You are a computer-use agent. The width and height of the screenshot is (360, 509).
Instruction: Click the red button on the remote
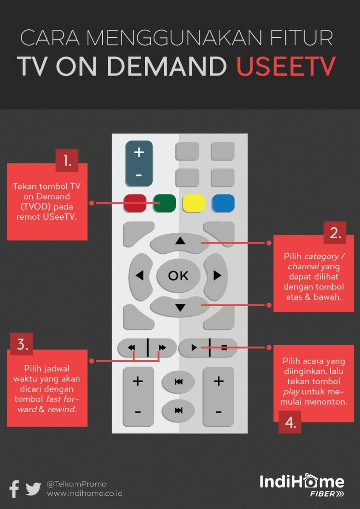pyautogui.click(x=135, y=203)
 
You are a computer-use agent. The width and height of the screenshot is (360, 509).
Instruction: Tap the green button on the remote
pyautogui.click(x=164, y=203)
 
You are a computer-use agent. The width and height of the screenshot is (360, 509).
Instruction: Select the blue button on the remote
pyautogui.click(x=223, y=203)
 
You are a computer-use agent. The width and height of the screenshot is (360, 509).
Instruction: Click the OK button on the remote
pyautogui.click(x=179, y=276)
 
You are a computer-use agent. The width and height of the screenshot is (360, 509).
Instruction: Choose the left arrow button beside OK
pyautogui.click(x=141, y=277)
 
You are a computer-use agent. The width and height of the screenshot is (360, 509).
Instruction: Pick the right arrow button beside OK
pyautogui.click(x=216, y=277)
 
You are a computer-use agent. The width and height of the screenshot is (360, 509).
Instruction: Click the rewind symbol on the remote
pyautogui.click(x=131, y=347)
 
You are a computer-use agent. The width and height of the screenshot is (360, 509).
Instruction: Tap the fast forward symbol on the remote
pyautogui.click(x=162, y=347)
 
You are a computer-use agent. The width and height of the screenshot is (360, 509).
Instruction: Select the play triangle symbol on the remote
pyautogui.click(x=194, y=347)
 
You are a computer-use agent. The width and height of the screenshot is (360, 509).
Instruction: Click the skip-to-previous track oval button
pyautogui.click(x=178, y=382)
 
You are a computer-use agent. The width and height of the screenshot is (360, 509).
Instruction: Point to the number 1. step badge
pyautogui.click(x=67, y=160)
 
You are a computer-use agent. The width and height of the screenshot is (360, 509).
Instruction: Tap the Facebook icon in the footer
pyautogui.click(x=14, y=489)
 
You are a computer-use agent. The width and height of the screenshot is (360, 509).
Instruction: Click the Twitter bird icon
pyautogui.click(x=33, y=489)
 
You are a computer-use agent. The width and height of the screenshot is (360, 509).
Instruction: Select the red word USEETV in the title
pyautogui.click(x=286, y=66)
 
